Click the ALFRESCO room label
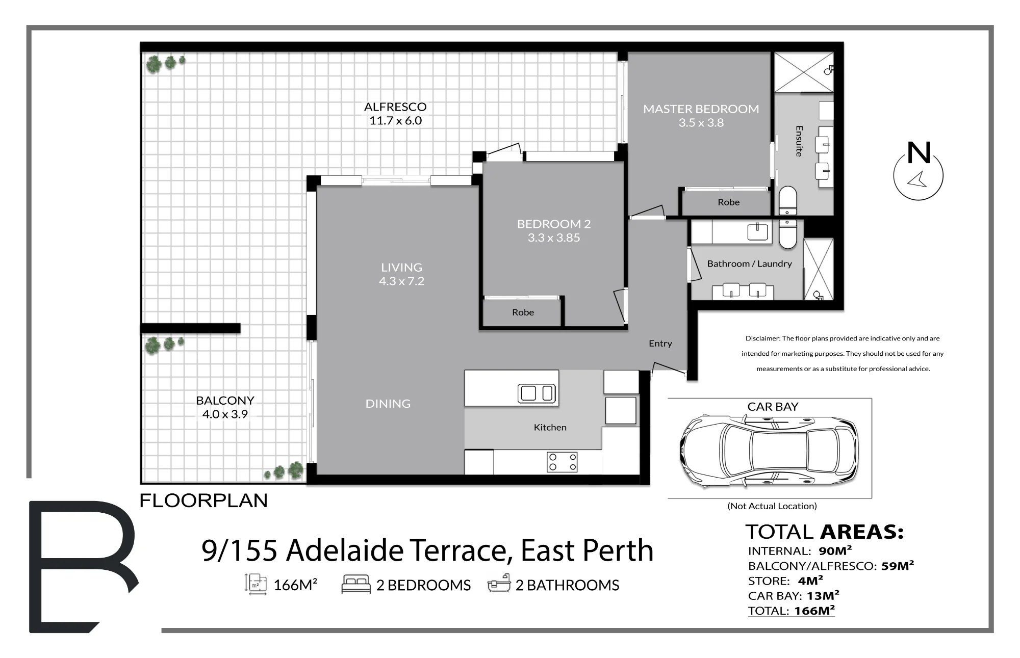[x=395, y=107]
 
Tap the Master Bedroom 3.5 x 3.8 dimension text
[x=701, y=122]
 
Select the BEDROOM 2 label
[x=554, y=224]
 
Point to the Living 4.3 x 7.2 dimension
[x=401, y=281]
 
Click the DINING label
[x=388, y=404]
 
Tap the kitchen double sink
[x=537, y=393]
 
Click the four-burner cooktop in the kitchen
[x=562, y=462]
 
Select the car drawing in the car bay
[x=770, y=451]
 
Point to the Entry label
[x=660, y=344]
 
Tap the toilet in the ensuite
[x=788, y=200]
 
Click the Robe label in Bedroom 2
[x=523, y=312]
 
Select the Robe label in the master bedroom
[x=729, y=202]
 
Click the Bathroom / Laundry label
[x=750, y=264]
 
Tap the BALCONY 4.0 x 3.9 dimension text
[x=225, y=414]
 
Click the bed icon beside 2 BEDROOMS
[x=355, y=584]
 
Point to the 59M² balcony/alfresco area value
[x=898, y=565]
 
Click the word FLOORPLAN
[x=203, y=501]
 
